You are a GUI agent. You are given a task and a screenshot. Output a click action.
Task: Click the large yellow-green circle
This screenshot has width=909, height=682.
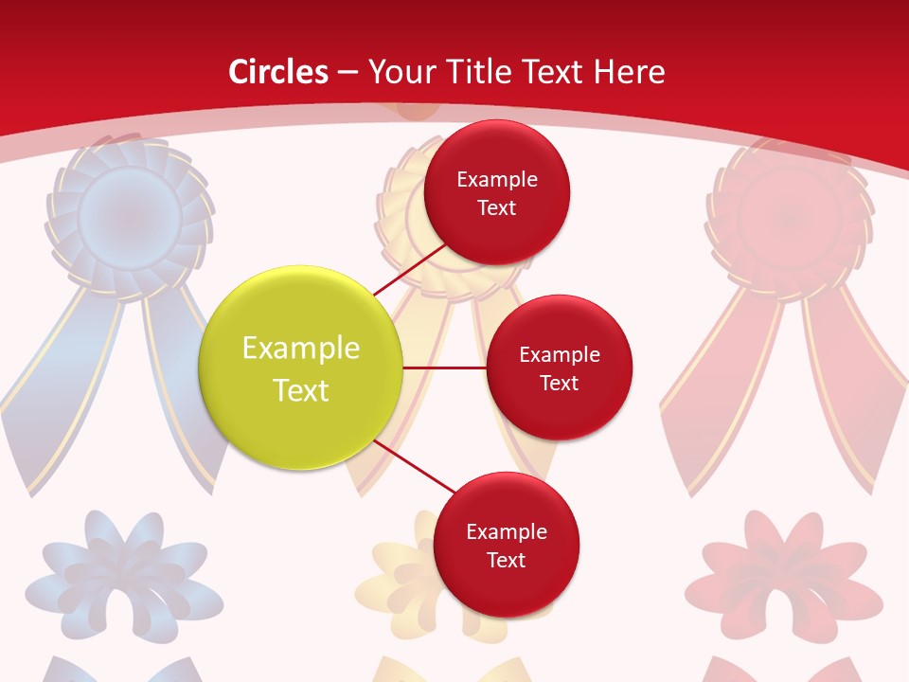(301, 368)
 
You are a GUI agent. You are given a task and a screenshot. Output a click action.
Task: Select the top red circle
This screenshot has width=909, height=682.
(496, 192)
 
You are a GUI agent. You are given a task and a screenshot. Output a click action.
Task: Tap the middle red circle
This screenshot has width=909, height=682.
(559, 368)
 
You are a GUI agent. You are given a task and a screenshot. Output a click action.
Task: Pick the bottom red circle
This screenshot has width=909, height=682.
(506, 545)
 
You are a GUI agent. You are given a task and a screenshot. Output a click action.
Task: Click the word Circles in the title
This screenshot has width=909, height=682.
(278, 72)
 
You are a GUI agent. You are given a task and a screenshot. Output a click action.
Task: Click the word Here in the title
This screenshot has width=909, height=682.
(629, 72)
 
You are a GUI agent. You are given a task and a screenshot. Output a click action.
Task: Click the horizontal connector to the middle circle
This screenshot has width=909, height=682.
(444, 367)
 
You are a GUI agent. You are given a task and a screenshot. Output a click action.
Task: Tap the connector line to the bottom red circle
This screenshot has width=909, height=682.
(416, 467)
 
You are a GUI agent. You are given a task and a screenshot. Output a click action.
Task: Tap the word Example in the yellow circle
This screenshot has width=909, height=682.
(301, 349)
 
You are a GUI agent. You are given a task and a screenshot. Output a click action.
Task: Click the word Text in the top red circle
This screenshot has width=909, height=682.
(496, 207)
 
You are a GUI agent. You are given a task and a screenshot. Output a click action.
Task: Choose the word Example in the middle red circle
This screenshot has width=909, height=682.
(559, 354)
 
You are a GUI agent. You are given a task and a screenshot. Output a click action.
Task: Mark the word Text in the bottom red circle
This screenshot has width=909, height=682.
(506, 560)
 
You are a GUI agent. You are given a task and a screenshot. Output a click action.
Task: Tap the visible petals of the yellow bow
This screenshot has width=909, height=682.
(393, 578)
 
